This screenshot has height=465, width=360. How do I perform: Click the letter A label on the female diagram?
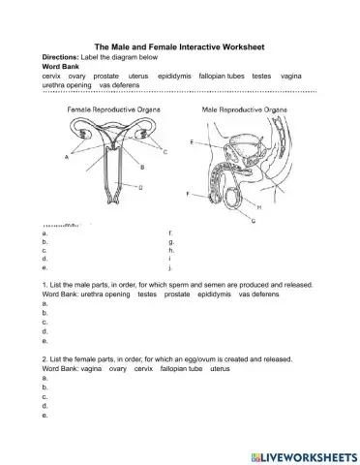pos(66,155)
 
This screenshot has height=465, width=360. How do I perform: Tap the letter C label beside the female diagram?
pos(165,152)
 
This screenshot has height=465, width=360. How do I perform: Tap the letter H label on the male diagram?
pos(259,205)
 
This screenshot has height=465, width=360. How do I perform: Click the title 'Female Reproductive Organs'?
pos(107,110)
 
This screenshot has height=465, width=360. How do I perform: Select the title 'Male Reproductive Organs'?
pos(244,110)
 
